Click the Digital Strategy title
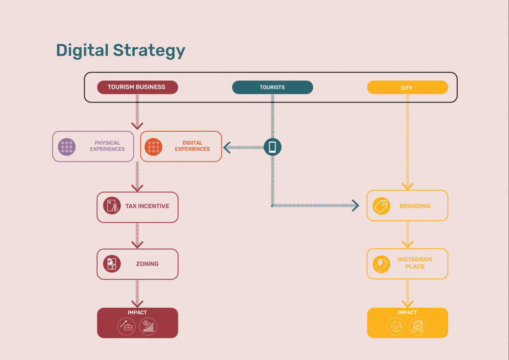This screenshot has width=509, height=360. [x=120, y=51]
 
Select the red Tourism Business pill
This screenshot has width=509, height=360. [x=137, y=88]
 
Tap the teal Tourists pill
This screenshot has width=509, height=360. [x=272, y=88]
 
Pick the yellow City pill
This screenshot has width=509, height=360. [x=408, y=88]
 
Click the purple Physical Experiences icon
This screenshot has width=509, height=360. [x=67, y=147]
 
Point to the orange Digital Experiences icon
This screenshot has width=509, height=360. [x=153, y=147]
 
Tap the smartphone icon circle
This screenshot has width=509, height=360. [x=272, y=147]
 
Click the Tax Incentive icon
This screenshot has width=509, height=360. [x=112, y=206]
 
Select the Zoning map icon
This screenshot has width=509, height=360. [x=112, y=264]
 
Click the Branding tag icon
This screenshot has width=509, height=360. [x=381, y=206]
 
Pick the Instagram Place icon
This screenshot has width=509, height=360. [x=381, y=264]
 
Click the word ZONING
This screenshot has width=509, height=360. [x=147, y=264]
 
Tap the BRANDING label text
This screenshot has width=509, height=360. [x=415, y=206]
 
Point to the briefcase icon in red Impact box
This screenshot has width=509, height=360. [x=126, y=326]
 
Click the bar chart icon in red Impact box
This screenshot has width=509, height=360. [x=148, y=326]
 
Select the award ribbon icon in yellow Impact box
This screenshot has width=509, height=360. [x=418, y=326]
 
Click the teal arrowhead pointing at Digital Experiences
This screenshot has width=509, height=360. [x=227, y=147]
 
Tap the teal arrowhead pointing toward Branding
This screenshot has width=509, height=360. [x=355, y=205]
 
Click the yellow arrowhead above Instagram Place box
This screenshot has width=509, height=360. [x=408, y=245]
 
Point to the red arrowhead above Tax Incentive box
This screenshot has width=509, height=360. [x=137, y=188]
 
